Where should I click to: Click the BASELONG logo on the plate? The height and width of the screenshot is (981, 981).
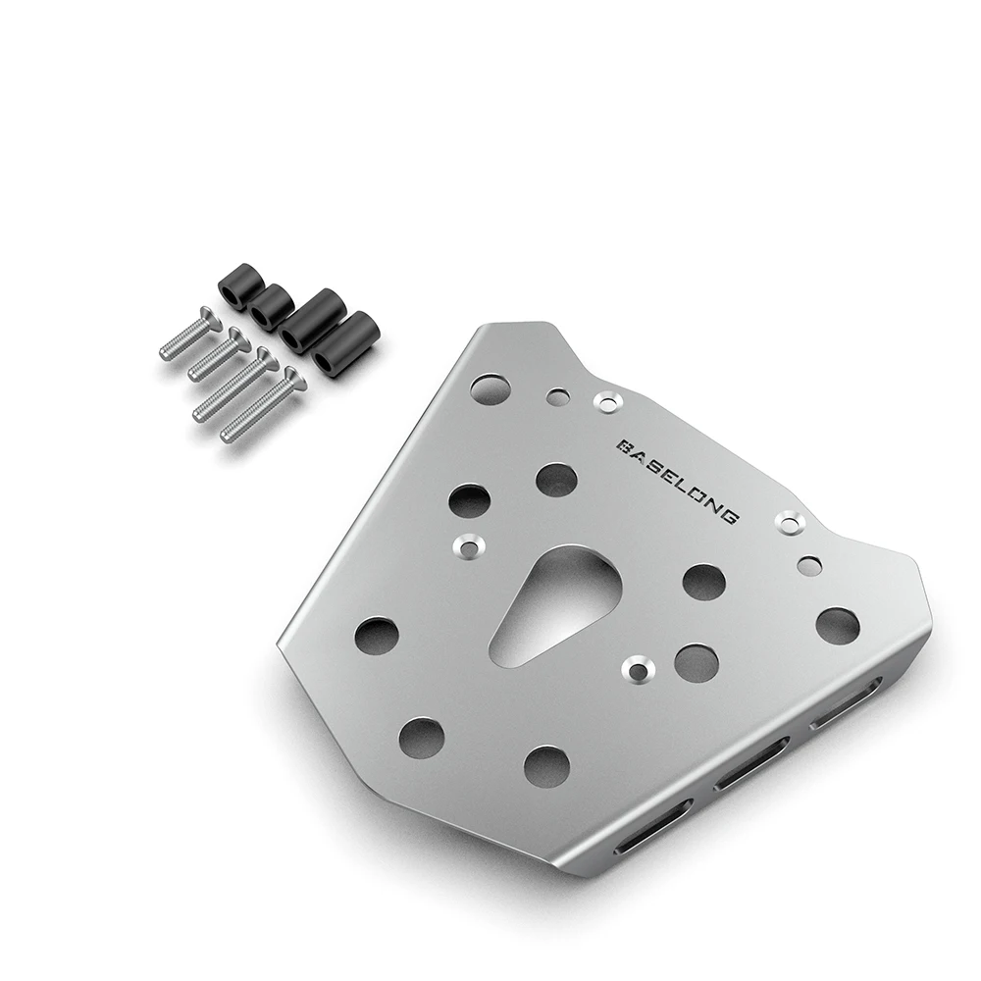(679, 481)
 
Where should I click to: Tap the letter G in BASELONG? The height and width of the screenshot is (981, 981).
(729, 516)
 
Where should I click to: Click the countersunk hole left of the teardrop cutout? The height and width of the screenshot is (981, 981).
(467, 546)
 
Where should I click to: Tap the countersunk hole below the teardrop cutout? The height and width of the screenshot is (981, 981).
(639, 669)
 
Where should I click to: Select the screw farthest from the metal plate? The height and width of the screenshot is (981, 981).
(186, 335)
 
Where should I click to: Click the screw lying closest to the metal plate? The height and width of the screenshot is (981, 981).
(260, 406)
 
